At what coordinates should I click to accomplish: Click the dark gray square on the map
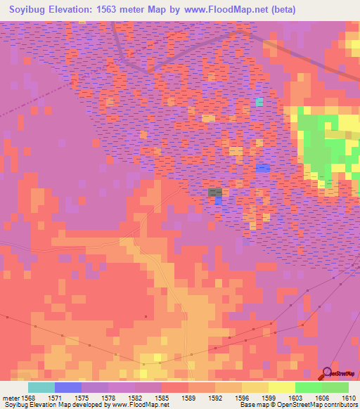215,192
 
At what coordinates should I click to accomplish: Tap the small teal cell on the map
259,102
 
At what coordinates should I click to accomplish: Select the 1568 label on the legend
27,398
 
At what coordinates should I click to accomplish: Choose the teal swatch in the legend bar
41,387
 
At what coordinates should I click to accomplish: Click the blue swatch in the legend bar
67,387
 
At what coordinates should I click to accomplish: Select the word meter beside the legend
10,398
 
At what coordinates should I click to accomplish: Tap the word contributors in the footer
341,405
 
